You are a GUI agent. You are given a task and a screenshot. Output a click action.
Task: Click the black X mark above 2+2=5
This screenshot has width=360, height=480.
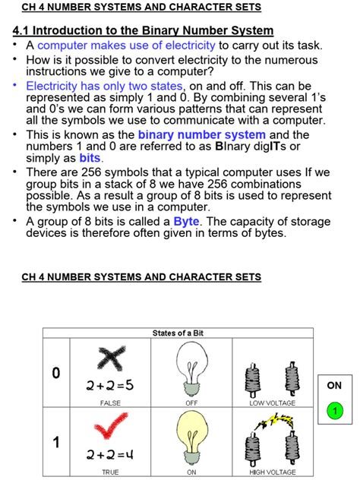click(109, 358)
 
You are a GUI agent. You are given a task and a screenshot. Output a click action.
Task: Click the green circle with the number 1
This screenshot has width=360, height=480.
click(334, 412)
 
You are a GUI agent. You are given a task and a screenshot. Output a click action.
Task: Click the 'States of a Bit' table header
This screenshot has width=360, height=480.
click(178, 333)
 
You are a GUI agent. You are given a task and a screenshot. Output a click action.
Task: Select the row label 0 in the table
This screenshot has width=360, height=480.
click(55, 373)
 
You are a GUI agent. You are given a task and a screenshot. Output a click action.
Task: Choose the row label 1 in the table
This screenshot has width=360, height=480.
click(55, 443)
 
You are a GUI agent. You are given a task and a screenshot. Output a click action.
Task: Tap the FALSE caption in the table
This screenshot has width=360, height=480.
click(110, 403)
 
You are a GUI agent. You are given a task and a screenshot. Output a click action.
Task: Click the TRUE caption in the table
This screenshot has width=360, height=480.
click(110, 472)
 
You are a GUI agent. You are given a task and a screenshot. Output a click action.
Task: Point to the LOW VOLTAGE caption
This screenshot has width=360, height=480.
click(272, 403)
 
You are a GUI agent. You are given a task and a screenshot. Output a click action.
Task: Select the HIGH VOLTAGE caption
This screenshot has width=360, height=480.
click(272, 472)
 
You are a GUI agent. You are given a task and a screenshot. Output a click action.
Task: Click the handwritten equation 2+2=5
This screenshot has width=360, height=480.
click(110, 385)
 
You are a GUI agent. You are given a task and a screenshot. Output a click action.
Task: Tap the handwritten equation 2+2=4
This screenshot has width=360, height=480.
click(110, 455)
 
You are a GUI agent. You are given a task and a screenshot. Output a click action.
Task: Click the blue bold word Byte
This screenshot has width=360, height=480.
click(186, 222)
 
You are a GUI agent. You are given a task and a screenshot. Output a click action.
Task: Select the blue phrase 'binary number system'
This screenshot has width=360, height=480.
click(201, 134)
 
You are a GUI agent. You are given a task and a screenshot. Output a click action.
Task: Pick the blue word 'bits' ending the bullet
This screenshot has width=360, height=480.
click(90, 158)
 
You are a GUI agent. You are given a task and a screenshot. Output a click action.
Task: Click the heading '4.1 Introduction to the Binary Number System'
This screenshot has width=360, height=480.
click(143, 31)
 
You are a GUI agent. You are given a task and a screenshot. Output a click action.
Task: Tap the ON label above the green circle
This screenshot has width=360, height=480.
click(334, 385)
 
